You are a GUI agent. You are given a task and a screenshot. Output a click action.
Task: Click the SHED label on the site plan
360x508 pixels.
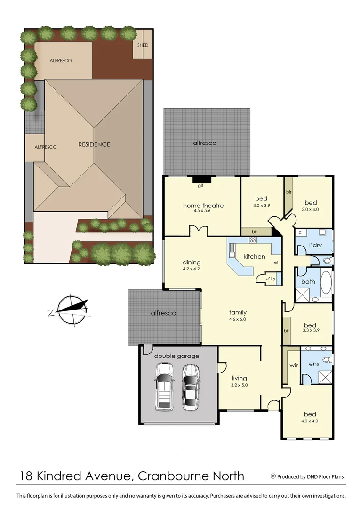point(143,45)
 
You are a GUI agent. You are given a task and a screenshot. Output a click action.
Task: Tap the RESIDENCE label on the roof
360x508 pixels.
point(94,144)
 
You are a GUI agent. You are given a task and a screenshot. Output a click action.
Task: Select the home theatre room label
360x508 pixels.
point(203,206)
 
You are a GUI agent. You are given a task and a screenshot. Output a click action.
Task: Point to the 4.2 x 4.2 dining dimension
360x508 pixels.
point(192,270)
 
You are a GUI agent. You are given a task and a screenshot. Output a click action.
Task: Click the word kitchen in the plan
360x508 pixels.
point(254,256)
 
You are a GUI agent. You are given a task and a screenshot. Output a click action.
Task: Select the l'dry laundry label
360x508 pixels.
point(315,246)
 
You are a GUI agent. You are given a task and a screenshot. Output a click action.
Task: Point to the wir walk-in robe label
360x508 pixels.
point(293,365)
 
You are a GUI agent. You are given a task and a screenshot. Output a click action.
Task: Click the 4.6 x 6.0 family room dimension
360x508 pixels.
point(238,319)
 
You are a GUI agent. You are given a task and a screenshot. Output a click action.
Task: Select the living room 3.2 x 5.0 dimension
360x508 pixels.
point(239,385)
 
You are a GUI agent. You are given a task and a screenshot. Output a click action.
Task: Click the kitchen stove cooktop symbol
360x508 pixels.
point(253,240)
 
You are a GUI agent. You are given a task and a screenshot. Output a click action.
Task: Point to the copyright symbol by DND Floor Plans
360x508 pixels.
point(273,476)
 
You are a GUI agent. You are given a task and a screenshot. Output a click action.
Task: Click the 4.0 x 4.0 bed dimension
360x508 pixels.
point(309,421)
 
